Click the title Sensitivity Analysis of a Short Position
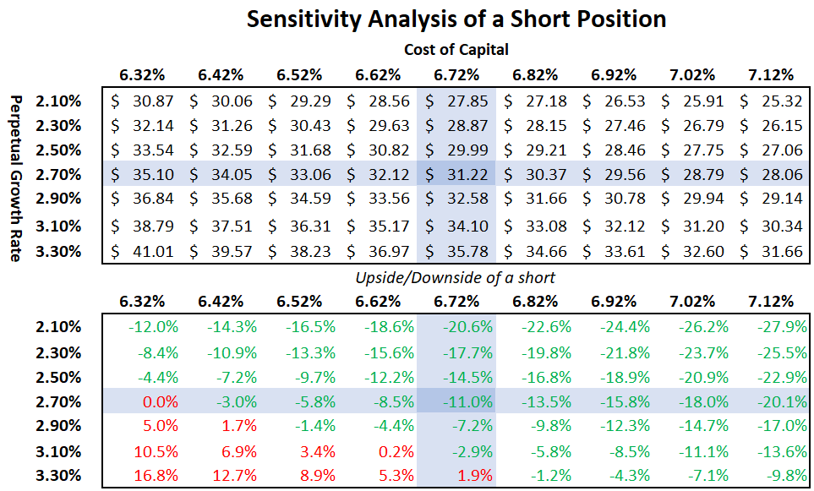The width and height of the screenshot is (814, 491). coord(456,19)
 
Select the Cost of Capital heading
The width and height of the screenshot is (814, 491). coord(456,50)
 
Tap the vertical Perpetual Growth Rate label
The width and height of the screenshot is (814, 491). coord(15,177)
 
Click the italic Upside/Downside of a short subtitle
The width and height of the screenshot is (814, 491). coord(456,278)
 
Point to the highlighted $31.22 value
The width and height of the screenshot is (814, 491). coord(456,176)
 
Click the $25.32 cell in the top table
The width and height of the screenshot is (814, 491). coord(771,101)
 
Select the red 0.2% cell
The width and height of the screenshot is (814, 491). coord(394,450)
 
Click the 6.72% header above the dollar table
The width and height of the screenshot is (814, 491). coord(456,74)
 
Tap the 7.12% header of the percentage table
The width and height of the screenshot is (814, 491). coord(771,302)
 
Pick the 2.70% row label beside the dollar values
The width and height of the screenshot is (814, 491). coord(59,176)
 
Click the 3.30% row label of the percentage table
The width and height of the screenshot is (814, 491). coord(59,475)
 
